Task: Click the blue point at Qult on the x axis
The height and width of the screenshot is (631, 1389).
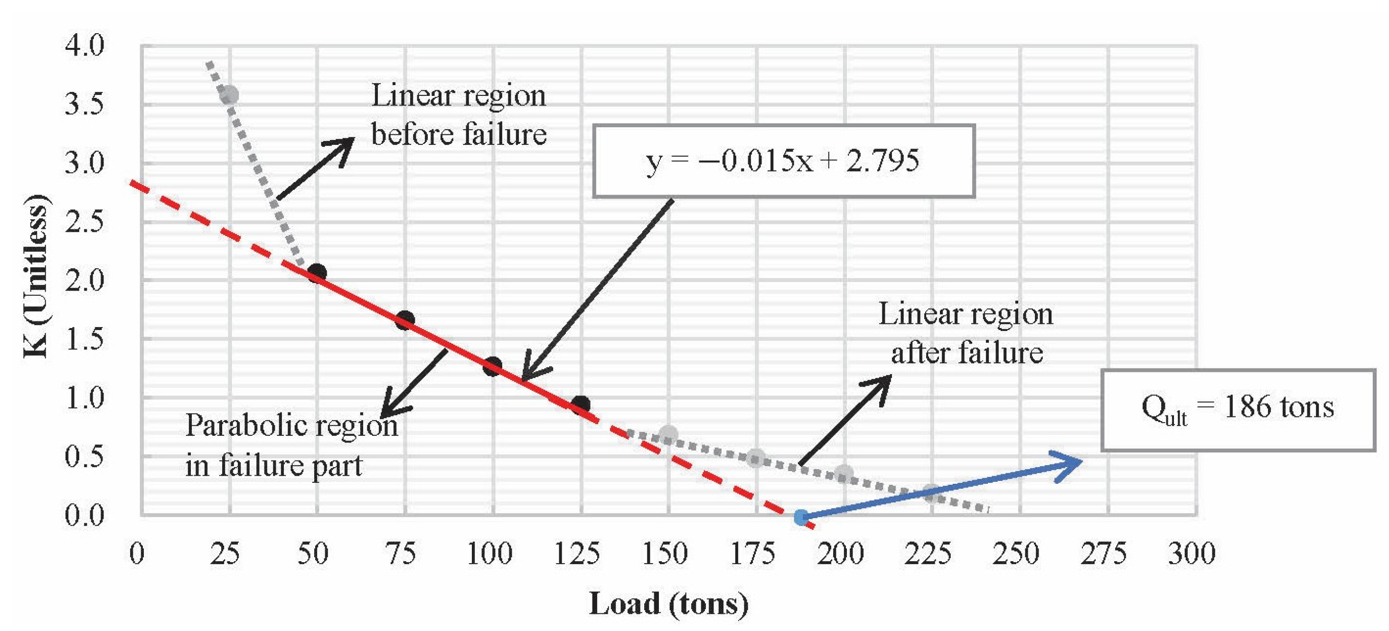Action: point(801,517)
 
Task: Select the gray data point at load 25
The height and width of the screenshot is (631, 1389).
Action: point(229,95)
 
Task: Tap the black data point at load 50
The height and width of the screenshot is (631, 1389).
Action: point(317,273)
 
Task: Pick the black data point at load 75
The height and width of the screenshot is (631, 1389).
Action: point(405,320)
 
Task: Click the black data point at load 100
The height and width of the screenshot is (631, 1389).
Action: point(492,367)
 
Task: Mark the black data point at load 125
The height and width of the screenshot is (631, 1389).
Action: point(580,405)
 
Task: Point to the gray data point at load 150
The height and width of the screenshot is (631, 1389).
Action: point(668,434)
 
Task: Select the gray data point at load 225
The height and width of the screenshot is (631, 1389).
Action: point(931,492)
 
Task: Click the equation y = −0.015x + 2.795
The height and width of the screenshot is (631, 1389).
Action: point(782,160)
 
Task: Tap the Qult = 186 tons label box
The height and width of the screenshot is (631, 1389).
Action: point(1238,408)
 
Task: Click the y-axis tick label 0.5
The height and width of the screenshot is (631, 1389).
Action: point(84,456)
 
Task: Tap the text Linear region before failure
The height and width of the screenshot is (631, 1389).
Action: point(458,114)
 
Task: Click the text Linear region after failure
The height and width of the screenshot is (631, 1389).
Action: point(966,333)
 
